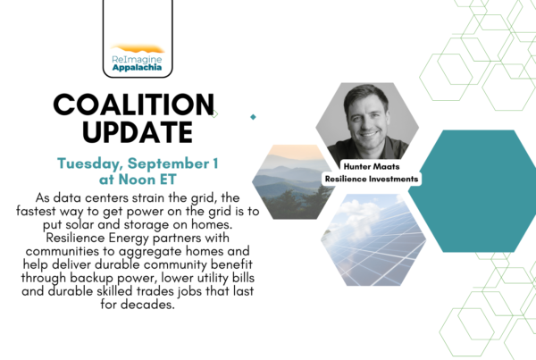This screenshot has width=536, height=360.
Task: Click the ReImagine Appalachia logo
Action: click(x=138, y=58)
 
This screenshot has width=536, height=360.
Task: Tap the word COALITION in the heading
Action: click(x=134, y=105)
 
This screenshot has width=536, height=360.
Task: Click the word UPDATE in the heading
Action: click(x=138, y=132)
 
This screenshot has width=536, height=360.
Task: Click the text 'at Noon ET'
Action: click(x=138, y=180)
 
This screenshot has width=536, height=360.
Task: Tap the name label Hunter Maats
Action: click(x=372, y=166)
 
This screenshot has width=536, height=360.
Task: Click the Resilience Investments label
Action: click(x=372, y=179)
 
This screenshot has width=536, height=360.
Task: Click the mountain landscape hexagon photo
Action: click(x=293, y=182)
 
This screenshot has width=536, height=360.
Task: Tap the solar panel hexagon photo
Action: click(x=373, y=239)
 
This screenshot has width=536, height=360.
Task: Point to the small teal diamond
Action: click(x=253, y=117)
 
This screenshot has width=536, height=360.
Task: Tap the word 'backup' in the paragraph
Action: click(x=92, y=278)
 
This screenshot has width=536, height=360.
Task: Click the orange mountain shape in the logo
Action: click(x=138, y=49)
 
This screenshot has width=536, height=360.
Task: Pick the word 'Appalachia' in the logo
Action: click(x=137, y=67)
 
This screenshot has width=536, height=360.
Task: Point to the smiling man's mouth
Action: click(x=369, y=134)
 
